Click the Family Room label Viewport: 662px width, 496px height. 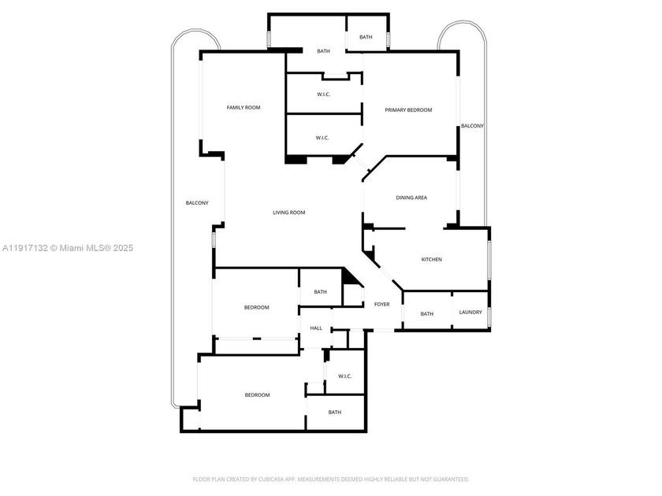[244, 107]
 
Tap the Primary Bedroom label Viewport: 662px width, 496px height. [408, 110]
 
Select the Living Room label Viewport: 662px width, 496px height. [289, 213]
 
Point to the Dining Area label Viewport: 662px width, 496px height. [411, 198]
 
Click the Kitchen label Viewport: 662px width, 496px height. [431, 260]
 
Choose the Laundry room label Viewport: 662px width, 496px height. [470, 313]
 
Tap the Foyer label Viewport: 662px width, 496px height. [382, 305]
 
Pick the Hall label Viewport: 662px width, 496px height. [316, 328]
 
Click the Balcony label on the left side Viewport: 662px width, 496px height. [197, 203]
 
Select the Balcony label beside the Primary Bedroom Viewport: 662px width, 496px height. [473, 126]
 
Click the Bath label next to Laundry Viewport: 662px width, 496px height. [426, 314]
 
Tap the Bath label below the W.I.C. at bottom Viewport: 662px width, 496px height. [335, 412]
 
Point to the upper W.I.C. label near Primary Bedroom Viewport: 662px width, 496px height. [323, 95]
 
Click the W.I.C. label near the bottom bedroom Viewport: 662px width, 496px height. [344, 376]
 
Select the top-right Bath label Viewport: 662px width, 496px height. [366, 37]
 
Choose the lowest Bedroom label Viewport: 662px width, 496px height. [257, 395]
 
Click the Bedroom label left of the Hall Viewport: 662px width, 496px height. [256, 308]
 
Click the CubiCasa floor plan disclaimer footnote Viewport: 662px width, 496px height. [331, 479]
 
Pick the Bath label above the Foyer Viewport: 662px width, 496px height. [320, 292]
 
